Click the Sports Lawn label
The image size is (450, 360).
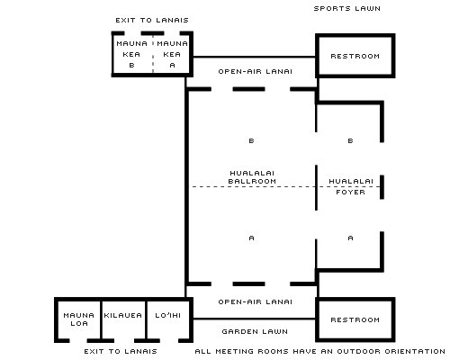click(x=347, y=8)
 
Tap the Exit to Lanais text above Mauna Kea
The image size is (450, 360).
click(x=152, y=20)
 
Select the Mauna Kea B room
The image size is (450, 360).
click(x=132, y=54)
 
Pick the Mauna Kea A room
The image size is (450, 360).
click(x=172, y=54)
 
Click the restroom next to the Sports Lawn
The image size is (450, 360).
click(x=355, y=56)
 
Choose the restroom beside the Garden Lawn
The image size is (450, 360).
click(x=355, y=319)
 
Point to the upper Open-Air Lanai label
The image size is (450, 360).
click(x=255, y=71)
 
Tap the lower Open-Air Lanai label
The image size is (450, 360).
click(x=255, y=301)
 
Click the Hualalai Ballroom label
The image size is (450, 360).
click(x=252, y=177)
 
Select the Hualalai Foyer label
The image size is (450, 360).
click(x=351, y=186)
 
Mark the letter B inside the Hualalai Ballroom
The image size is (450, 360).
click(x=251, y=140)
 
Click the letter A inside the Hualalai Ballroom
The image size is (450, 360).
click(x=251, y=238)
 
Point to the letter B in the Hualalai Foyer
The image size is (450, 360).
click(x=350, y=140)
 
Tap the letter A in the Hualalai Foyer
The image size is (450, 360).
click(x=350, y=238)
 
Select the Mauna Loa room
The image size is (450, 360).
click(x=79, y=319)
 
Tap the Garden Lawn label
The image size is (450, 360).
click(x=255, y=331)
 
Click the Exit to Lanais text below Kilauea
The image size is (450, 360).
click(x=121, y=351)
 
